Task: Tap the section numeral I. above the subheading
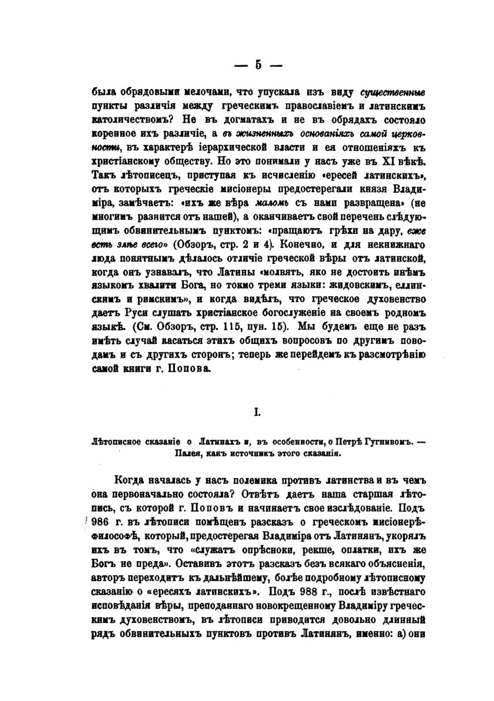coord(257,412)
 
